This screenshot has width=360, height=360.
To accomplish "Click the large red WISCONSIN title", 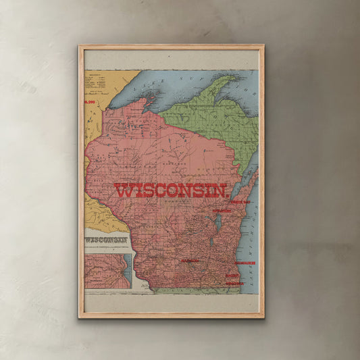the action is point(170,190).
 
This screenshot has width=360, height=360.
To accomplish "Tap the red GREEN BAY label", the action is point(240,202).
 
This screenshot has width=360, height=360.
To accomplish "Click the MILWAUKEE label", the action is point(245,261).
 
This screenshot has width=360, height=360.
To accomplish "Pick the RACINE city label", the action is point(233,276).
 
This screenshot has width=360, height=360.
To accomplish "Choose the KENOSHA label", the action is point(234,283).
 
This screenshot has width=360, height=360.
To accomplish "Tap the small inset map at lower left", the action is point(107,270).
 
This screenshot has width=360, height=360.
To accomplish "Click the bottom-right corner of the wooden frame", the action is point(262,316).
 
